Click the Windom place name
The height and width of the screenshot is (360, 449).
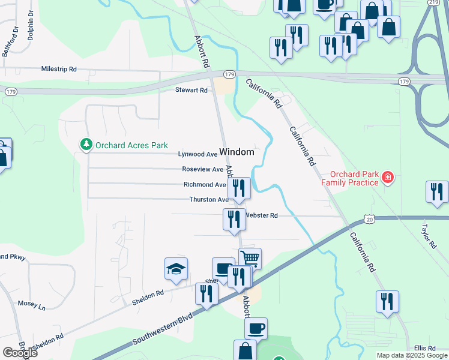[237, 152]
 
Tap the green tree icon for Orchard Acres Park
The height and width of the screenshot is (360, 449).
[86, 145]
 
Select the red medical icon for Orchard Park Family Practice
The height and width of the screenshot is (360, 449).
[388, 177]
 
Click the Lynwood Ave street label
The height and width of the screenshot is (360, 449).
[197, 154]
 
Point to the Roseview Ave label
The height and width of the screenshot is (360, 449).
[202, 169]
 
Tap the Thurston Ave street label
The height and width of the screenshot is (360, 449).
[208, 199]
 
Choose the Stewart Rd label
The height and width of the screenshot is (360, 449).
[191, 90]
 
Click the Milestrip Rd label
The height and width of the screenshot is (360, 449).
[59, 69]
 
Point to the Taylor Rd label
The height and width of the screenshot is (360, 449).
[427, 236]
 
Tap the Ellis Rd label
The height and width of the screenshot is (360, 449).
[424, 349]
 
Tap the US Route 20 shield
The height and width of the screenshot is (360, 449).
[370, 221]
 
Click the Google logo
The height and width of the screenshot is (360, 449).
[20, 353]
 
